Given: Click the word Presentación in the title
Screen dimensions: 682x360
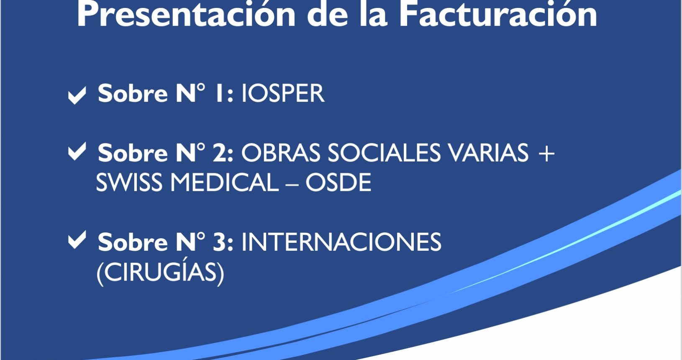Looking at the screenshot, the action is point(186,15).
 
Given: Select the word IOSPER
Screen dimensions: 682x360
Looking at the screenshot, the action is point(283,93).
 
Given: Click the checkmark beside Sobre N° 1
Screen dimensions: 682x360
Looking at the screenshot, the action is point(77,95).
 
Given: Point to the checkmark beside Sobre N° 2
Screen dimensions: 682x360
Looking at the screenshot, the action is point(77,152).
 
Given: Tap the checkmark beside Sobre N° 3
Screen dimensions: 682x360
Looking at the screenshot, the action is point(77,240).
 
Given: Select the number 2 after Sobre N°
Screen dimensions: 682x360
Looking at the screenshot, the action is point(219,153).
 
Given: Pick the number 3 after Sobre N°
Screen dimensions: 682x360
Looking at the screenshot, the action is point(219,242).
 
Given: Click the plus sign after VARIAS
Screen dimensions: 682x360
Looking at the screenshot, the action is point(546,153).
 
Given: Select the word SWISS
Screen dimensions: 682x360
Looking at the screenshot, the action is point(129,183).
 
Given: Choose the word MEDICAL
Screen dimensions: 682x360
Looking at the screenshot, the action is point(224,183).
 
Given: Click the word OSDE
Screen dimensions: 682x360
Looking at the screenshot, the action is point(338,183).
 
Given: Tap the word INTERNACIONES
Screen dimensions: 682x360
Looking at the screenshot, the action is point(341,242).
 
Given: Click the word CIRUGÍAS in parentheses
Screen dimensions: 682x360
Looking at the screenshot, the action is point(160,272).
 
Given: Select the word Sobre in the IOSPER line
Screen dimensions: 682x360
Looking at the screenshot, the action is point(133,93).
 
